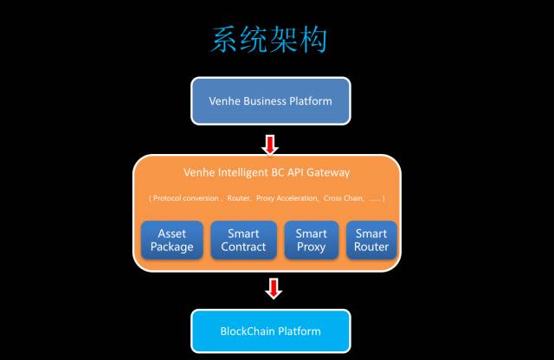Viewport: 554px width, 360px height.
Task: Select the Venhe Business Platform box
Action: [270, 100]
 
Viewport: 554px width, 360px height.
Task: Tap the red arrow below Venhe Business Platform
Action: [270, 143]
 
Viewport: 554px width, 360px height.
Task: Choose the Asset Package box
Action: [171, 240]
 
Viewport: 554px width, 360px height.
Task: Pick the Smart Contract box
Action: [243, 240]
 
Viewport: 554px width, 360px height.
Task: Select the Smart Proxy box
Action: [311, 240]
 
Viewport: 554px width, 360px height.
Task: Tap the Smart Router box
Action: [371, 240]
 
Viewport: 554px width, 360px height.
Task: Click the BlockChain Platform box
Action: [270, 331]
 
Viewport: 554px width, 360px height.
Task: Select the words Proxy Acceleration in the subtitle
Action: [290, 198]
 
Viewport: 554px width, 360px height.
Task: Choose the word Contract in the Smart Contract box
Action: [243, 247]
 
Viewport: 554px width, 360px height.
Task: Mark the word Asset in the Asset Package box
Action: [171, 233]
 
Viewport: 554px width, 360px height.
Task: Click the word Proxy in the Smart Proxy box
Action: [311, 247]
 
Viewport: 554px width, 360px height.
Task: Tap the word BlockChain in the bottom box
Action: [248, 331]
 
